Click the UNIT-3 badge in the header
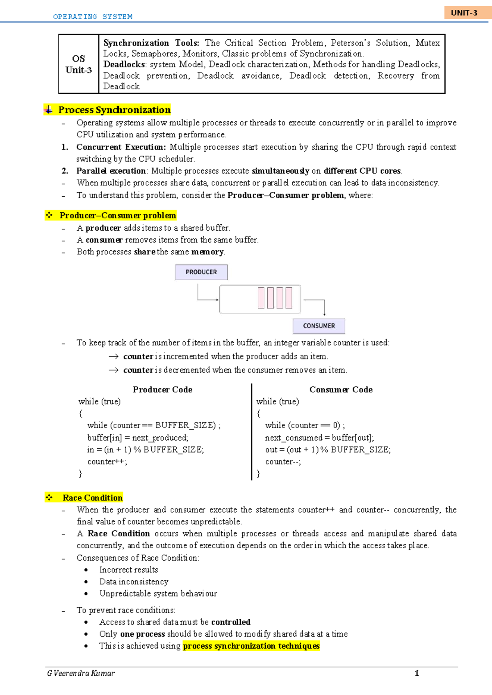coord(464,13)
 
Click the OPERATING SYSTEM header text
coord(93,17)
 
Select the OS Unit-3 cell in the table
coord(78,64)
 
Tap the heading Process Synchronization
coord(114,110)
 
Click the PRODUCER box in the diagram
coord(201,272)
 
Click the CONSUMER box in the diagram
coord(319,326)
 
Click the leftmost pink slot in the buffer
coord(261,298)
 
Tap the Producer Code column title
coord(162,390)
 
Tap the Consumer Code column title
coord(341,390)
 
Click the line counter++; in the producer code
coord(107,462)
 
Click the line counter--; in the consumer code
coord(283,462)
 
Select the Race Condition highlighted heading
coord(92,498)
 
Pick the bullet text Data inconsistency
coord(134,582)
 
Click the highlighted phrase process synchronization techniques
coord(251,646)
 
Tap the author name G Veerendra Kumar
coord(81,673)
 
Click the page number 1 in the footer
coord(417,673)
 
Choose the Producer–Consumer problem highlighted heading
coord(118,216)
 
